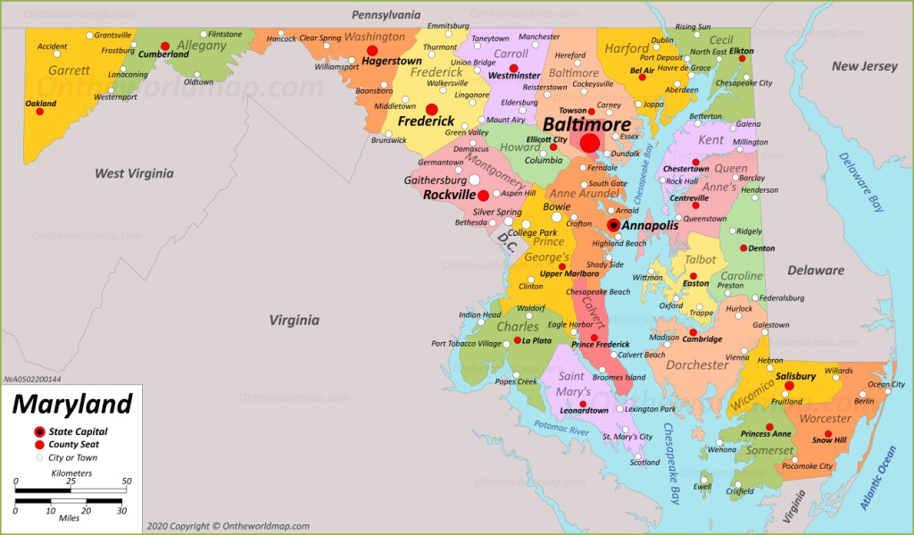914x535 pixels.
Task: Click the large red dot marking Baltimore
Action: click(x=590, y=143)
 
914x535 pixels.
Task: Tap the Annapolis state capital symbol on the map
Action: click(x=614, y=225)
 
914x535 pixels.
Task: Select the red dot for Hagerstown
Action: click(x=372, y=51)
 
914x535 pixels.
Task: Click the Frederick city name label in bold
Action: click(x=426, y=121)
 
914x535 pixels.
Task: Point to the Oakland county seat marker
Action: click(x=40, y=113)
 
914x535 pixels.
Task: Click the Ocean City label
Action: click(x=885, y=385)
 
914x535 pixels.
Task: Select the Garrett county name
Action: click(x=69, y=71)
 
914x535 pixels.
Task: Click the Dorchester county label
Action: click(x=697, y=365)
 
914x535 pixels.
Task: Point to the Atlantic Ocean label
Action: click(x=879, y=478)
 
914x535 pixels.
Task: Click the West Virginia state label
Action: click(x=134, y=173)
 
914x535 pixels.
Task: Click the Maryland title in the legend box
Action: click(x=71, y=405)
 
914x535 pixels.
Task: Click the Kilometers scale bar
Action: click(x=71, y=489)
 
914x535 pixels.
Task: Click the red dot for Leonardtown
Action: click(x=582, y=404)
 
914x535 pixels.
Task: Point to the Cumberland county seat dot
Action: click(x=165, y=46)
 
